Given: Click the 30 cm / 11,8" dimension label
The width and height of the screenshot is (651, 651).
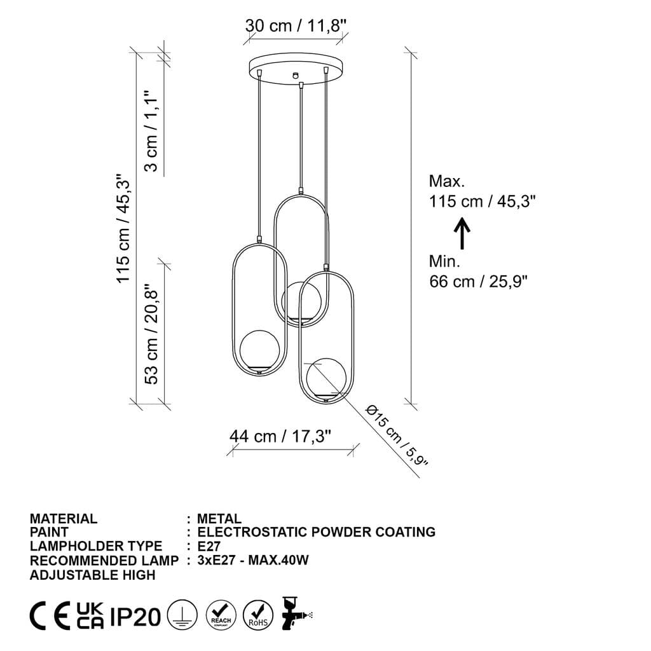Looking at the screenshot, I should [x=296, y=26].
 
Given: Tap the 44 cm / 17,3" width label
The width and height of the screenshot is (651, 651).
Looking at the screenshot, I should [x=281, y=437].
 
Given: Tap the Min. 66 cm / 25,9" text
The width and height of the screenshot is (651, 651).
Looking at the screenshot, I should [x=478, y=271].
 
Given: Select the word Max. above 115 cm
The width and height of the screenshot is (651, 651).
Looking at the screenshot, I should [x=447, y=181].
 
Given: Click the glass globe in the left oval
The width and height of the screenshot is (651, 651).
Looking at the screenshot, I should [x=258, y=350].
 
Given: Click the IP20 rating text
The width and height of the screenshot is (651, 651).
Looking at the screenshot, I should [x=135, y=616].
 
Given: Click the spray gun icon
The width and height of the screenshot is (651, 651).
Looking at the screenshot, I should [x=296, y=613].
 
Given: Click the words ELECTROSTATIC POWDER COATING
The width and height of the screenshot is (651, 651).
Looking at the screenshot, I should [x=317, y=532].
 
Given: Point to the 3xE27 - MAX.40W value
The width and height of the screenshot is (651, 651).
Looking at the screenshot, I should [x=253, y=560].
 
